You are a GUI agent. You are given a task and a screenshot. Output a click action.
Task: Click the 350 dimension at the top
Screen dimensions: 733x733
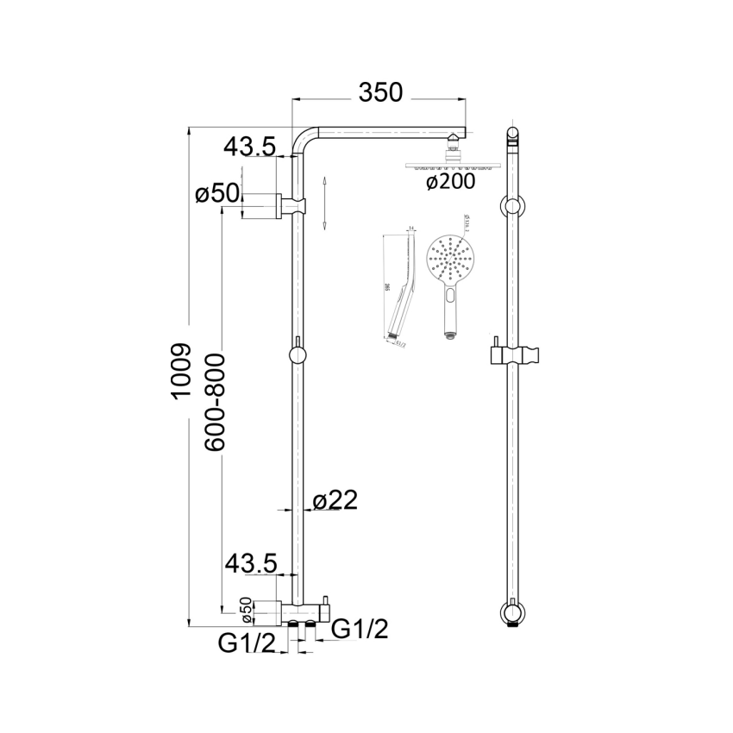pos(381,93)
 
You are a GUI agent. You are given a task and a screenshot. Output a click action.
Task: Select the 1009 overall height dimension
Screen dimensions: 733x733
pos(179,373)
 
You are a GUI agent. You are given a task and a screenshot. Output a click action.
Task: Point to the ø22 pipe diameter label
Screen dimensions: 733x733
pos(335,500)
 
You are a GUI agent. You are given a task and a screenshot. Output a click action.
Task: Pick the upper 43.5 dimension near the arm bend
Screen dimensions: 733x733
pos(249,147)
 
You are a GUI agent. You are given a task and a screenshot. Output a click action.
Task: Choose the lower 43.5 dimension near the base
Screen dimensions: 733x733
pos(249,565)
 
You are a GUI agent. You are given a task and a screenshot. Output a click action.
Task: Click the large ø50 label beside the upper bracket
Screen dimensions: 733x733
pos(216,195)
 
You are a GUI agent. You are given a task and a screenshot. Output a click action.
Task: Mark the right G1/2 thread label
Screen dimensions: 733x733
pos(360,630)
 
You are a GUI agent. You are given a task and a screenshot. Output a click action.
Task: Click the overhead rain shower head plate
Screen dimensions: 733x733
pos(450,165)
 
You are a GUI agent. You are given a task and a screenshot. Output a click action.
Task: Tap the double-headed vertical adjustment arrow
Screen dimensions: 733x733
pos(323,202)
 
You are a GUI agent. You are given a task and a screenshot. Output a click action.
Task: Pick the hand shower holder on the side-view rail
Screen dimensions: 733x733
pos(514,354)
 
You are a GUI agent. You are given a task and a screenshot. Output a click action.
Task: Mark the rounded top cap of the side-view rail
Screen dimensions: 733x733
pos(513,135)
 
